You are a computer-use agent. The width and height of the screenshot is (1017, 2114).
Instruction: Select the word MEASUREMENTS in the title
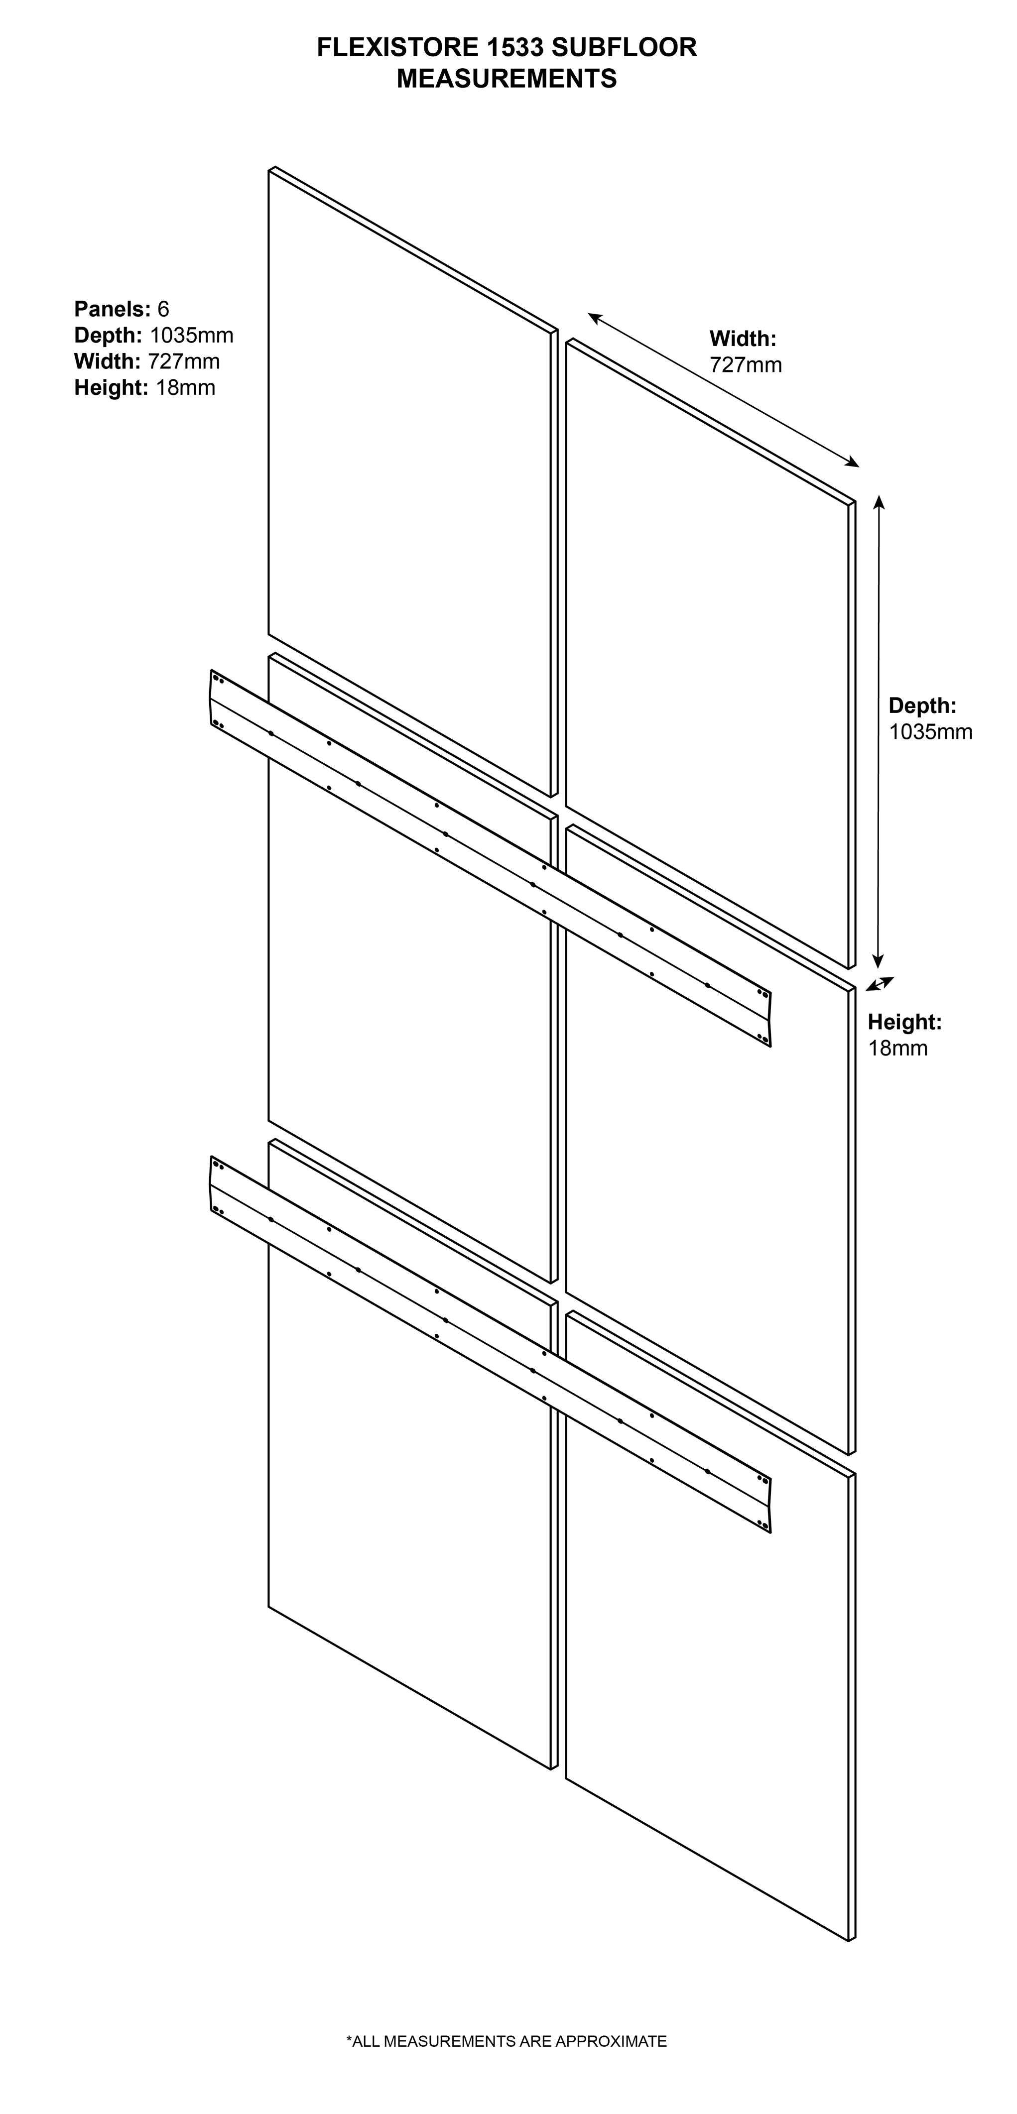[507, 79]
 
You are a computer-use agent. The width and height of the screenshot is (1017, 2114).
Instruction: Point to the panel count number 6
[163, 309]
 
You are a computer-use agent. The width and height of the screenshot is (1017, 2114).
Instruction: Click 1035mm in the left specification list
[191, 335]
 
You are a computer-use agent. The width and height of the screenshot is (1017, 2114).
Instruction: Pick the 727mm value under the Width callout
[745, 364]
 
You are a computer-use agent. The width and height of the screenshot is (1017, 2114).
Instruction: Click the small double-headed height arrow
[879, 984]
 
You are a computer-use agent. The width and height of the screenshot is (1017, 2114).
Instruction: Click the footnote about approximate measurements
[507, 2041]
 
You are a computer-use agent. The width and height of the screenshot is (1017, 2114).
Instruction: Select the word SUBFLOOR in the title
[624, 48]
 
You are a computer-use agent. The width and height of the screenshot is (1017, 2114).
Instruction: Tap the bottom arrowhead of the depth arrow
[878, 962]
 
